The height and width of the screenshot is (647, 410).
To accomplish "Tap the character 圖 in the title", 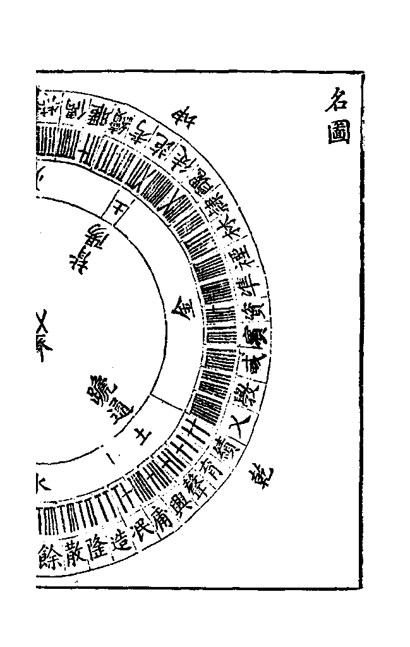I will click(339, 133).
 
